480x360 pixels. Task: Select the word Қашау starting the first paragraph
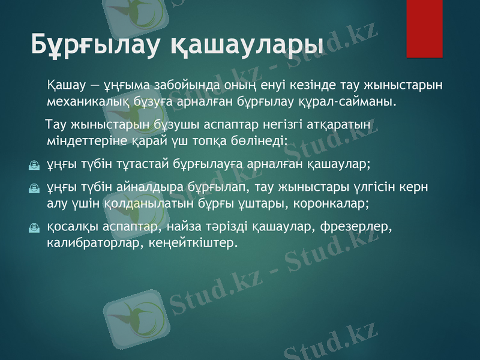[x=66, y=84]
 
